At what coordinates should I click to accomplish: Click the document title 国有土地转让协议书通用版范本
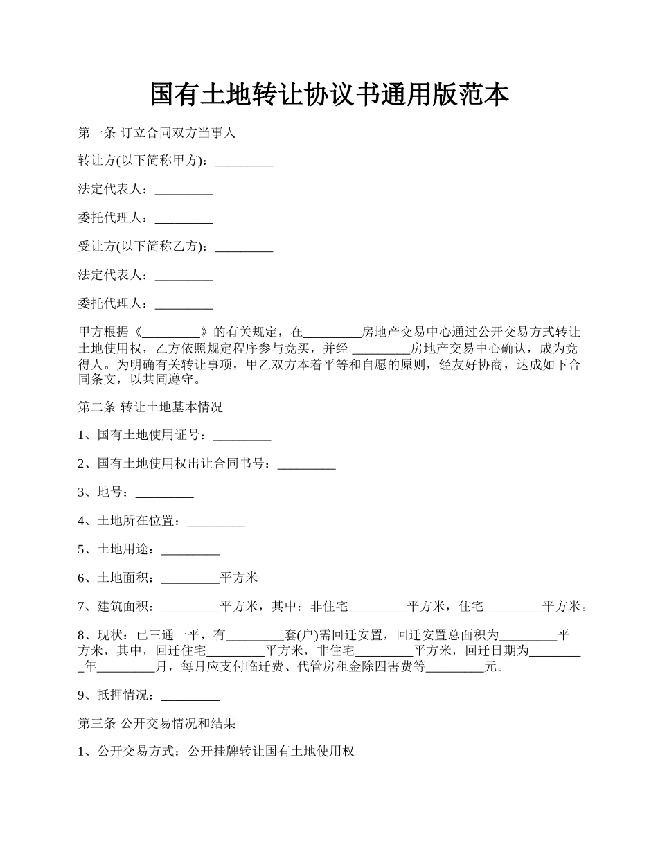pos(329,95)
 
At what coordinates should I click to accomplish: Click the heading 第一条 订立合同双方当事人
pos(157,133)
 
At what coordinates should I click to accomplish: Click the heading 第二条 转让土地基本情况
pos(150,407)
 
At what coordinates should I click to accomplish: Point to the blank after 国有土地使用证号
pos(242,436)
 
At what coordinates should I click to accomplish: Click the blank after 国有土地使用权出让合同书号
pos(306,465)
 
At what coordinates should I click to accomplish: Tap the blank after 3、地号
pos(164,493)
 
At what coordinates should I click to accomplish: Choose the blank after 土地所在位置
pos(216,522)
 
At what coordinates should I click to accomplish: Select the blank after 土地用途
pos(190,550)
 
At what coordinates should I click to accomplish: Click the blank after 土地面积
pos(190,578)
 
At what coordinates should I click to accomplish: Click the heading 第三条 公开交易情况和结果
pos(157,724)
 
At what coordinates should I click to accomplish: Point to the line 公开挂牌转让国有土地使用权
pos(271,752)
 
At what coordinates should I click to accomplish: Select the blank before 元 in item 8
pos(454,668)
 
